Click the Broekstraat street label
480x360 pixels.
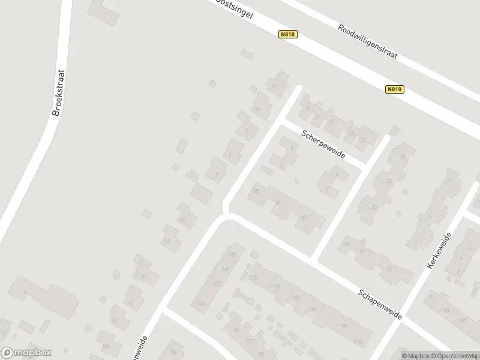[58, 94]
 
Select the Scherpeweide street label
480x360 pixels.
[323, 145]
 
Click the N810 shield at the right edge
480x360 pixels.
[394, 89]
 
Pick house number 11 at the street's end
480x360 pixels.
[275, 86]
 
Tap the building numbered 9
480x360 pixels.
[258, 109]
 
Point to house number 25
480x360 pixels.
[402, 157]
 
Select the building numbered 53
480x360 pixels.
[182, 220]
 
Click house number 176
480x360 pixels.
[276, 286]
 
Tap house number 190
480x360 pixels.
[344, 325]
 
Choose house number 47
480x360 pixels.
[131, 302]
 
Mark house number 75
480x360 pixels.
[388, 269]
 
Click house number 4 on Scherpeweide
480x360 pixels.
[292, 147]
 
